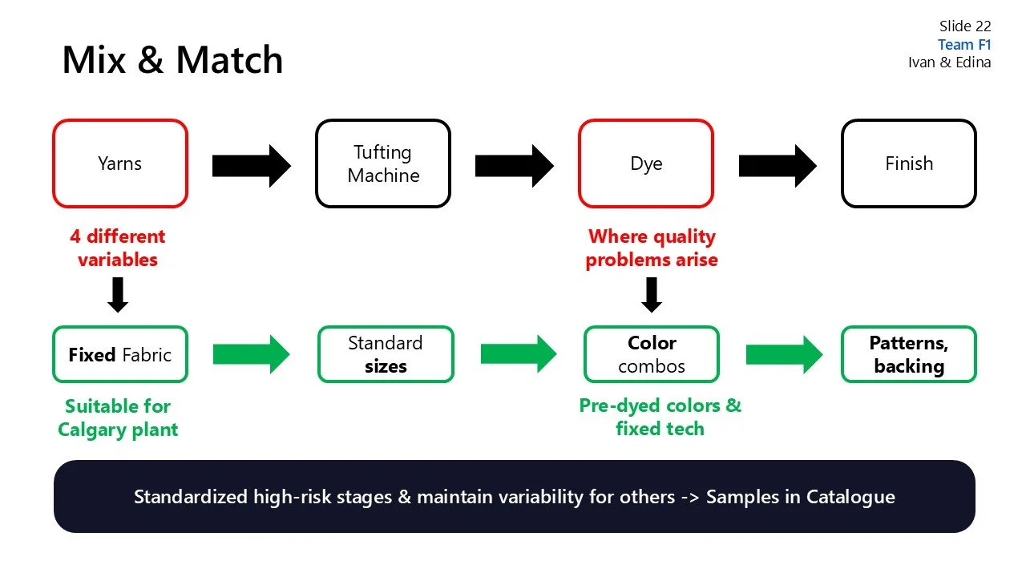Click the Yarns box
pos(120,163)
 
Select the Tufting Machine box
pos(383,163)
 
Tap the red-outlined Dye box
pos(646,163)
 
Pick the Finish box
pos(908,163)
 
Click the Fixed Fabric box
pos(120,354)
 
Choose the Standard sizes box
pos(386,354)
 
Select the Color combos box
pos(652,354)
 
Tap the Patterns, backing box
pos(908,354)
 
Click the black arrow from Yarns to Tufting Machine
pos(251,166)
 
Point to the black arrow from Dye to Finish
pos(777,166)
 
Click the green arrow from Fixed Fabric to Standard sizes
pos(251,354)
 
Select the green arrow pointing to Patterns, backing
pos(783,354)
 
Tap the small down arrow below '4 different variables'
pos(118,294)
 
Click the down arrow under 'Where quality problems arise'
pos(652,294)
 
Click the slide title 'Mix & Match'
pos(172,60)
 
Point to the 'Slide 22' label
pos(965,26)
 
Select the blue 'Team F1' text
pos(964,45)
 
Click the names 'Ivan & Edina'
pos(949,63)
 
